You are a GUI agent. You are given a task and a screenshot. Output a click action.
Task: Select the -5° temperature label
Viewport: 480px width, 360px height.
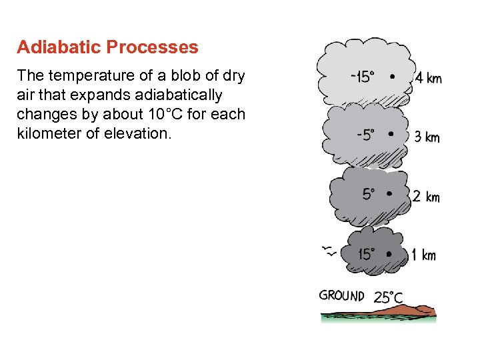click(365, 135)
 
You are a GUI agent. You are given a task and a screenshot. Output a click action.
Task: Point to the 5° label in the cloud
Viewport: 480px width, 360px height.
click(369, 194)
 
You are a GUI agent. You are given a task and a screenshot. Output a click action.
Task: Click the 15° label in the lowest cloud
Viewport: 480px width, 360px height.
click(367, 253)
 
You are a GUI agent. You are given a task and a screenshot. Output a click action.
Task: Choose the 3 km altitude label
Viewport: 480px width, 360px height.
click(427, 137)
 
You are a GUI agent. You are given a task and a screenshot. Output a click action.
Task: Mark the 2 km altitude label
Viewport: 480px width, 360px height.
click(425, 197)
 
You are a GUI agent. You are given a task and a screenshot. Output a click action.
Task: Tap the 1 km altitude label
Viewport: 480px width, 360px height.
click(423, 255)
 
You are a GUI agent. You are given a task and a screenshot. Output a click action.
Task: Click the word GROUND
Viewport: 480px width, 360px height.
click(341, 295)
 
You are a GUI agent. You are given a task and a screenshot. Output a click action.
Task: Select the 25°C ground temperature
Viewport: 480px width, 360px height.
click(388, 297)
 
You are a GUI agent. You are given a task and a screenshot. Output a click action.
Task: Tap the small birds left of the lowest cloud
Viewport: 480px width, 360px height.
click(328, 251)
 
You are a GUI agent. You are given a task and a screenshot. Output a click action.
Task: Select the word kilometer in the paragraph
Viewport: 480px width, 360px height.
click(50, 133)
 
